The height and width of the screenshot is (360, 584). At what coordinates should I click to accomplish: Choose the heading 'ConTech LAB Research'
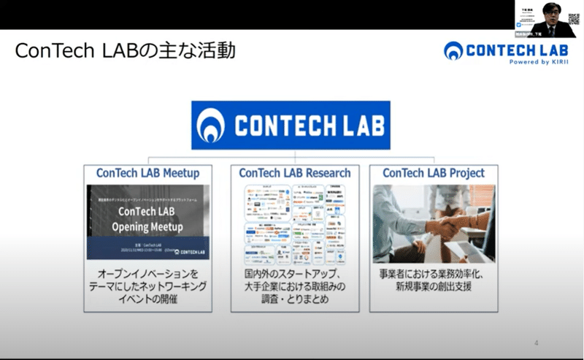click(x=294, y=173)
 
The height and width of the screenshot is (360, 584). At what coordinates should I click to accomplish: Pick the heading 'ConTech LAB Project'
click(x=434, y=173)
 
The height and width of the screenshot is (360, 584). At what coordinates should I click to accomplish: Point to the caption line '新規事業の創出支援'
click(x=434, y=287)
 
